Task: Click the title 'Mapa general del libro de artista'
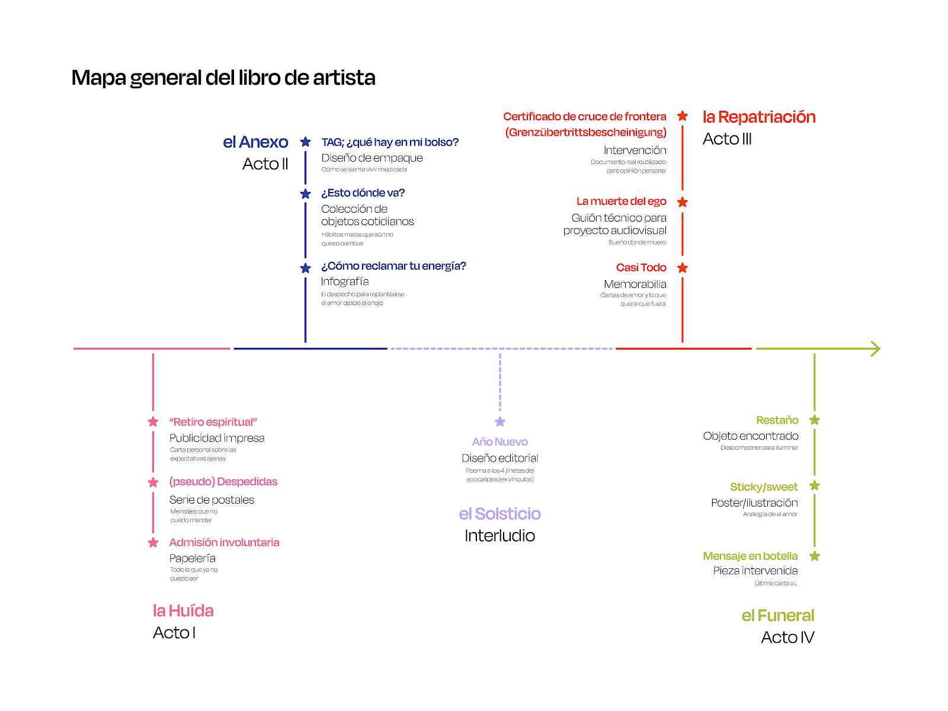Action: [x=223, y=78]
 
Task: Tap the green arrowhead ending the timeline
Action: [x=876, y=348]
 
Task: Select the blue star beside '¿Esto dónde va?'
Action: [x=306, y=194]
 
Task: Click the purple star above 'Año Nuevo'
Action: [x=500, y=422]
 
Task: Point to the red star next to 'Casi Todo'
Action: [x=683, y=268]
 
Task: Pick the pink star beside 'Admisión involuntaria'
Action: [x=153, y=543]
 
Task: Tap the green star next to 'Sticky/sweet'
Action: [x=815, y=486]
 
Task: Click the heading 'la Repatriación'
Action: [x=759, y=117]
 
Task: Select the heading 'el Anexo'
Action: [x=255, y=142]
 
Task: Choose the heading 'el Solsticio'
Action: [x=499, y=514]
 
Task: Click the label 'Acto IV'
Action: [x=787, y=638]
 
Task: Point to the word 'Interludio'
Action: [x=499, y=536]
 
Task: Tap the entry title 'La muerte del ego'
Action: [x=621, y=201]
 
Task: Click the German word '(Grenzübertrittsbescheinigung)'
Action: [x=585, y=132]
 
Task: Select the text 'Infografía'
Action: [x=345, y=281]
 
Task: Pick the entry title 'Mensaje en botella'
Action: [x=750, y=556]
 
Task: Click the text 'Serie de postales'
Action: [x=212, y=499]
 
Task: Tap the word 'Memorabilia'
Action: [x=635, y=284]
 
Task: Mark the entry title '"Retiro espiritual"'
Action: [x=213, y=422]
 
